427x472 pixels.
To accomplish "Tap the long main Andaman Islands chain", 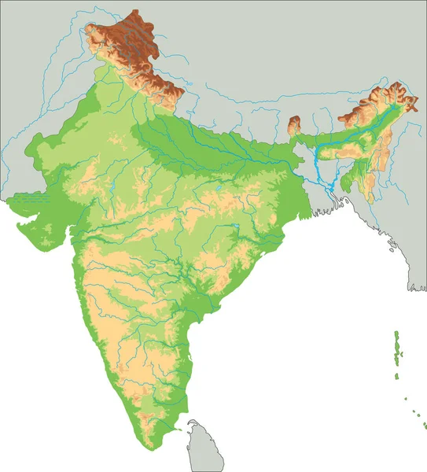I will [x=398, y=346].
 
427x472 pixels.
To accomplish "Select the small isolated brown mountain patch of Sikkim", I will [x=296, y=124].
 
